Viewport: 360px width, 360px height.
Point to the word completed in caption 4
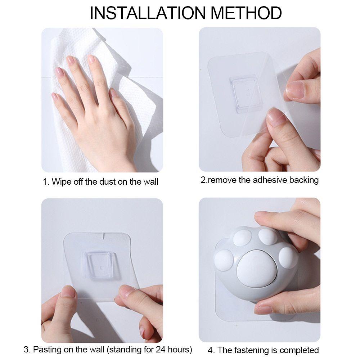(299, 350)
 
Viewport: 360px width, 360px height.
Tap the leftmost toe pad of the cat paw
(225, 260)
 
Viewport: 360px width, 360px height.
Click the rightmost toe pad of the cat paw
(288, 257)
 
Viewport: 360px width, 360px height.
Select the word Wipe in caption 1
(60, 181)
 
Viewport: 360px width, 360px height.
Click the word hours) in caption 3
(180, 349)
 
